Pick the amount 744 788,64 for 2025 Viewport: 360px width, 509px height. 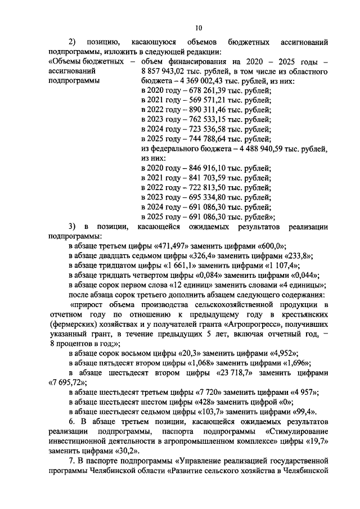[x=196, y=138]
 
